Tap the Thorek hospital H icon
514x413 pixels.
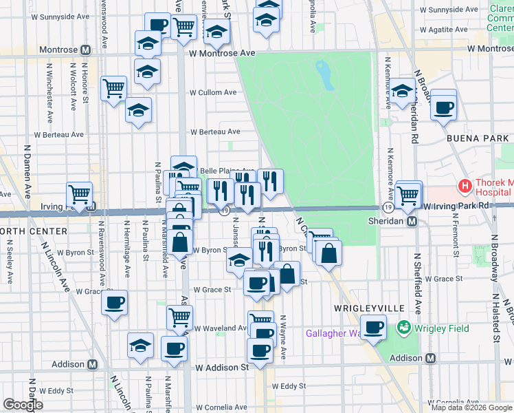pyautogui.click(x=465, y=186)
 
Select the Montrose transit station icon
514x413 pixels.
pyautogui.click(x=86, y=50)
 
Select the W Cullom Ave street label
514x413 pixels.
pyautogui.click(x=213, y=92)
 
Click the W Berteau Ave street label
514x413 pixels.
pyautogui.click(x=215, y=131)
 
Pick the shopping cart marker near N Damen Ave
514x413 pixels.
pyautogui.click(x=79, y=193)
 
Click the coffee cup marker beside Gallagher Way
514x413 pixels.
pyautogui.click(x=373, y=327)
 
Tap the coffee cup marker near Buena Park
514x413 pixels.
pyautogui.click(x=444, y=107)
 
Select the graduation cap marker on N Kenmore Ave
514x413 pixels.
pyautogui.click(x=402, y=90)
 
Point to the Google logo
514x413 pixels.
pyautogui.click(x=22, y=405)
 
